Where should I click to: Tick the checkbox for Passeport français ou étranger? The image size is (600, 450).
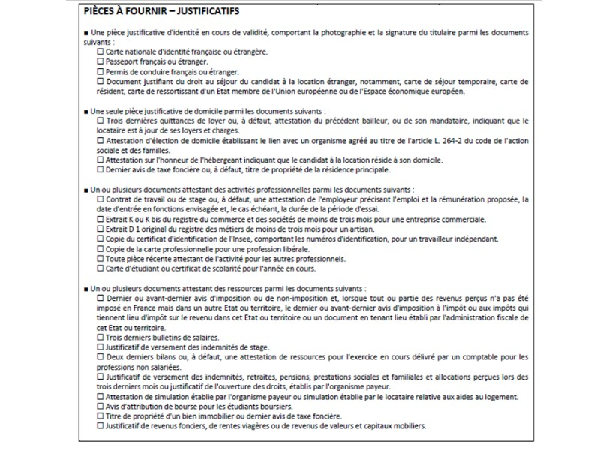coord(101,61)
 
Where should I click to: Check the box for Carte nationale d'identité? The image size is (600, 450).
coord(101,52)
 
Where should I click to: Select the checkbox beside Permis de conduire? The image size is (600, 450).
coord(101,70)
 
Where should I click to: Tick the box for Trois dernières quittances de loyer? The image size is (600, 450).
coord(101,121)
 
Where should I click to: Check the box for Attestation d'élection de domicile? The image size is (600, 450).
coord(101,140)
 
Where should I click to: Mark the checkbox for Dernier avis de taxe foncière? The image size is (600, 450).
coord(101,169)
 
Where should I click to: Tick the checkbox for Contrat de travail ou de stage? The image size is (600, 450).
coord(101,199)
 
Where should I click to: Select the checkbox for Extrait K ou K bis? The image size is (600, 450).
coord(101,219)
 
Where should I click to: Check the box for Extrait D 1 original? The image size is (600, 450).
coord(101,229)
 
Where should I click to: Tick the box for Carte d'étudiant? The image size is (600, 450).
coord(101,268)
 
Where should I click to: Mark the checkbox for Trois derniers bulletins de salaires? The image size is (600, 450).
coord(101,337)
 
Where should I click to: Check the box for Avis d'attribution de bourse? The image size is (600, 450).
coord(101,406)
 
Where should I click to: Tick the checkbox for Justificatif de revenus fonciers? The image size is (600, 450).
coord(101,425)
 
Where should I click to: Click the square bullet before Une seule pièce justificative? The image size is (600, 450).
coord(87,111)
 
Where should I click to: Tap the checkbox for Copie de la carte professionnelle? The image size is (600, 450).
coord(101,248)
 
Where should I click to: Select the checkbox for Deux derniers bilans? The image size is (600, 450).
coord(101,357)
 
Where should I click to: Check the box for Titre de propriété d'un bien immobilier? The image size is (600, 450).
coord(101,415)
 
